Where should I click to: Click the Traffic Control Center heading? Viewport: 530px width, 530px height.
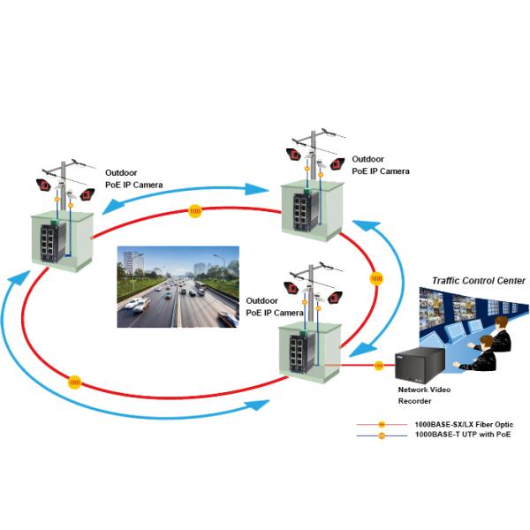478,280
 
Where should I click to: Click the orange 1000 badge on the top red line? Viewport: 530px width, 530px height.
195,212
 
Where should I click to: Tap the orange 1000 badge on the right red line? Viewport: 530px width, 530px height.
375,278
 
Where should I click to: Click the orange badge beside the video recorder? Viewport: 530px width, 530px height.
379,365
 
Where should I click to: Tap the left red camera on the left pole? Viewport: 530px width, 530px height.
42,185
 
